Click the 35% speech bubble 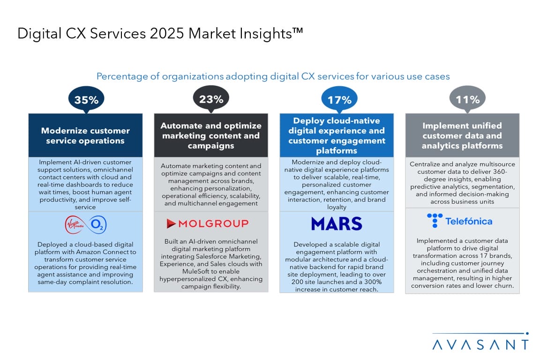pyautogui.click(x=86, y=99)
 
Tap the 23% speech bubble pyautogui.click(x=211, y=99)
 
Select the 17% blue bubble pyautogui.click(x=339, y=99)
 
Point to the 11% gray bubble pyautogui.click(x=467, y=99)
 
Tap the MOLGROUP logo pyautogui.click(x=207, y=224)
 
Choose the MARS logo pyautogui.click(x=337, y=224)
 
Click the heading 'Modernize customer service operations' pyautogui.click(x=85, y=135)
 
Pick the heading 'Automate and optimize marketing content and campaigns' pyautogui.click(x=211, y=135)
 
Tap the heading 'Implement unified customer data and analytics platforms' pyautogui.click(x=462, y=135)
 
